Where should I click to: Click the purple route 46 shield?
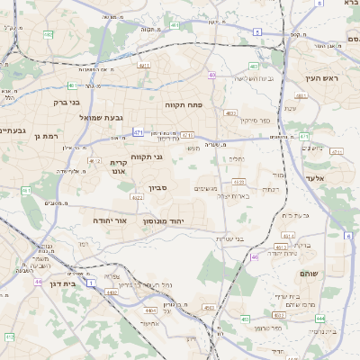coord(255,257)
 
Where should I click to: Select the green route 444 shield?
coord(320,318)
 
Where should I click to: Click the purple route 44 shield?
coord(39,281)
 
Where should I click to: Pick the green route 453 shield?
coord(245,317)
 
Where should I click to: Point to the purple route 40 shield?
coord(212,75)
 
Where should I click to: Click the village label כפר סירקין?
coord(255,120)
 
